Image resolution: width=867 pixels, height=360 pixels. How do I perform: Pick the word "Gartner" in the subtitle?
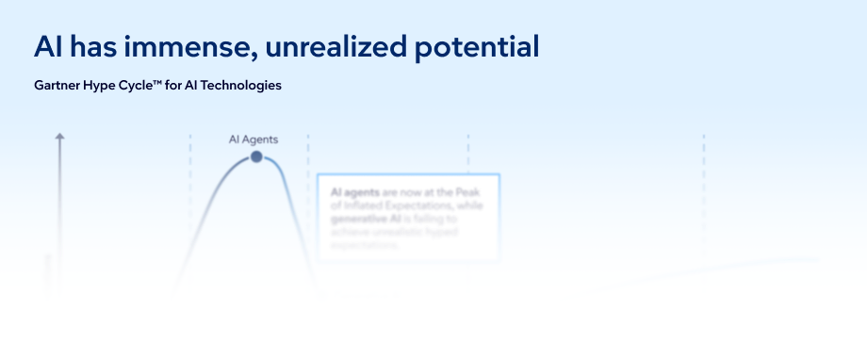coord(57,86)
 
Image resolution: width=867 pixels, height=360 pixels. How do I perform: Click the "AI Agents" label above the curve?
coord(254,139)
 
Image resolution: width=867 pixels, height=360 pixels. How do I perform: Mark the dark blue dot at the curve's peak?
coord(256,156)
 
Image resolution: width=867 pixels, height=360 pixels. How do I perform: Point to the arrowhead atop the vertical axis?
coord(59,138)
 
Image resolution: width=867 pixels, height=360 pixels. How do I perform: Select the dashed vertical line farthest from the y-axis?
coord(703,170)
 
